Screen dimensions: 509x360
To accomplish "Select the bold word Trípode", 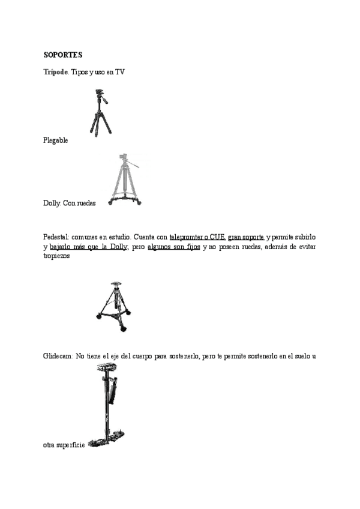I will [56, 72].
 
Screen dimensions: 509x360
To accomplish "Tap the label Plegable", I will [56, 140].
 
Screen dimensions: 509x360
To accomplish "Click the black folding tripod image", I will [99, 114].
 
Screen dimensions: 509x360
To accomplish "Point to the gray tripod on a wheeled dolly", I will [126, 180].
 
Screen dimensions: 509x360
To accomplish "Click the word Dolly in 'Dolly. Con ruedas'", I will [52, 203].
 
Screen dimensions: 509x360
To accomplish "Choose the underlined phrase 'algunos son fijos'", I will [173, 247].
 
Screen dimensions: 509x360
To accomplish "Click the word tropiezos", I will [56, 256].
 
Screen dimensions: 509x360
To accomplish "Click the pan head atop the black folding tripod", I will [100, 95].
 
